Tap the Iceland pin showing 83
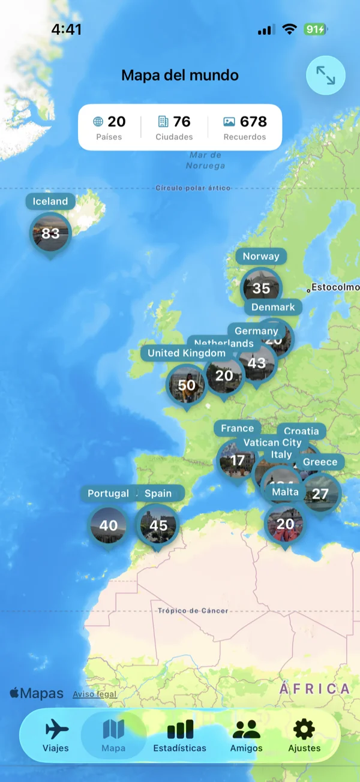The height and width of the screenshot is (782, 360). point(50,233)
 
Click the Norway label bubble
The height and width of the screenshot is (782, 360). point(261,256)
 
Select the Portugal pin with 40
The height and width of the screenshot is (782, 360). point(109,525)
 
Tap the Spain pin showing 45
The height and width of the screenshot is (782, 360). point(158,525)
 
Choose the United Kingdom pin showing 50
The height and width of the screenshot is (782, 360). point(186,385)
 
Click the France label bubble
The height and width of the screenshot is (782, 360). point(237,428)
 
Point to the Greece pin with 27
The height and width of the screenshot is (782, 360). point(320,494)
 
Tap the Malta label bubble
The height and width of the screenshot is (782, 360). point(285,492)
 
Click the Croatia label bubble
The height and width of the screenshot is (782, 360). point(301,431)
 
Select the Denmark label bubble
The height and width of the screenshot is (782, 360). point(273,307)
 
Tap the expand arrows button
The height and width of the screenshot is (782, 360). point(326,76)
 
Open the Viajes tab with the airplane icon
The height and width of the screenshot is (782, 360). point(56,736)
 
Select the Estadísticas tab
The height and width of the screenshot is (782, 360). point(179,736)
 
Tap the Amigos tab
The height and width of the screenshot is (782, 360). point(247,736)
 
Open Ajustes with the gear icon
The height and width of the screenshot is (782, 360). point(304,736)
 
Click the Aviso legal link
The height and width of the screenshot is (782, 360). point(95,694)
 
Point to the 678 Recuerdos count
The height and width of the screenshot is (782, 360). point(245,127)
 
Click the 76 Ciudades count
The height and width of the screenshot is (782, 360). point(174,127)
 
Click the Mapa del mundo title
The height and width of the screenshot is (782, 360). point(180,76)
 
